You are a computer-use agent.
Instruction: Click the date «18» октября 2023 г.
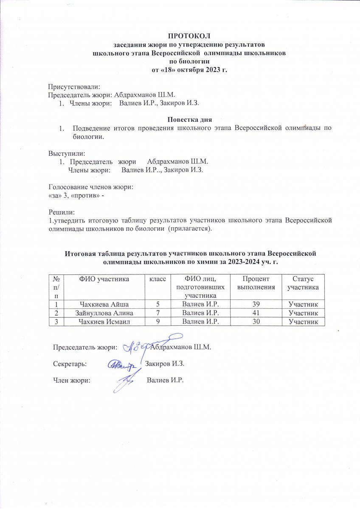point(189,70)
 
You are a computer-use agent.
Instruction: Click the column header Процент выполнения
point(256,282)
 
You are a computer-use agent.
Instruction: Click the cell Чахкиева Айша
point(101,304)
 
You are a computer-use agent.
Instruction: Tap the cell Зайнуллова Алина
point(101,313)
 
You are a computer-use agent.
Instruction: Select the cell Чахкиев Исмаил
point(101,322)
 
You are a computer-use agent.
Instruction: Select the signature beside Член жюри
point(127,380)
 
